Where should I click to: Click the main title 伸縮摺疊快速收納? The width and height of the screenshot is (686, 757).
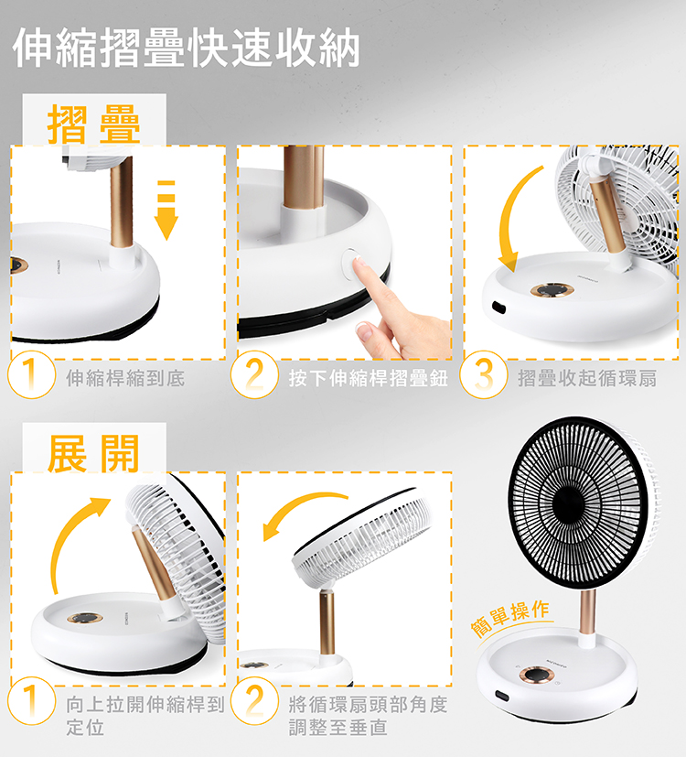(187, 48)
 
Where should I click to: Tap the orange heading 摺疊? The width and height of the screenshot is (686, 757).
(94, 124)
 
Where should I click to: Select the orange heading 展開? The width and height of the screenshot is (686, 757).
(93, 453)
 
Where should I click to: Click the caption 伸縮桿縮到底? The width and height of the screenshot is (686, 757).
(125, 378)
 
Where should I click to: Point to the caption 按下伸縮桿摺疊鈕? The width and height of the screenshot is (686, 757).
(368, 378)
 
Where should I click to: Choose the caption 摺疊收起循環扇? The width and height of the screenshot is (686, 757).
(587, 378)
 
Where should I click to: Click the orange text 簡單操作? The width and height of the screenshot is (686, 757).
(509, 618)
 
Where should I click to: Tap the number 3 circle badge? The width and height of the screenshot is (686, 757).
(483, 374)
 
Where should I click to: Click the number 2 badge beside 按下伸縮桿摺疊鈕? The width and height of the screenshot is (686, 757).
(254, 374)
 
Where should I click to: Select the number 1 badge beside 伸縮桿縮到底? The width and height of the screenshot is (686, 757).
(31, 374)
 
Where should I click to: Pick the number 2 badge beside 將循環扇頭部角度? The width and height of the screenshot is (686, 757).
(254, 701)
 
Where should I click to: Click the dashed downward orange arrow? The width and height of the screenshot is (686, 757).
(166, 211)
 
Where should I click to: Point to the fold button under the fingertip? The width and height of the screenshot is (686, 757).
(351, 263)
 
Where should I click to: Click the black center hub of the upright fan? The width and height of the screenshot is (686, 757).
(568, 503)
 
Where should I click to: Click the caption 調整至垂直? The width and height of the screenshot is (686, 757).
(338, 728)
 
